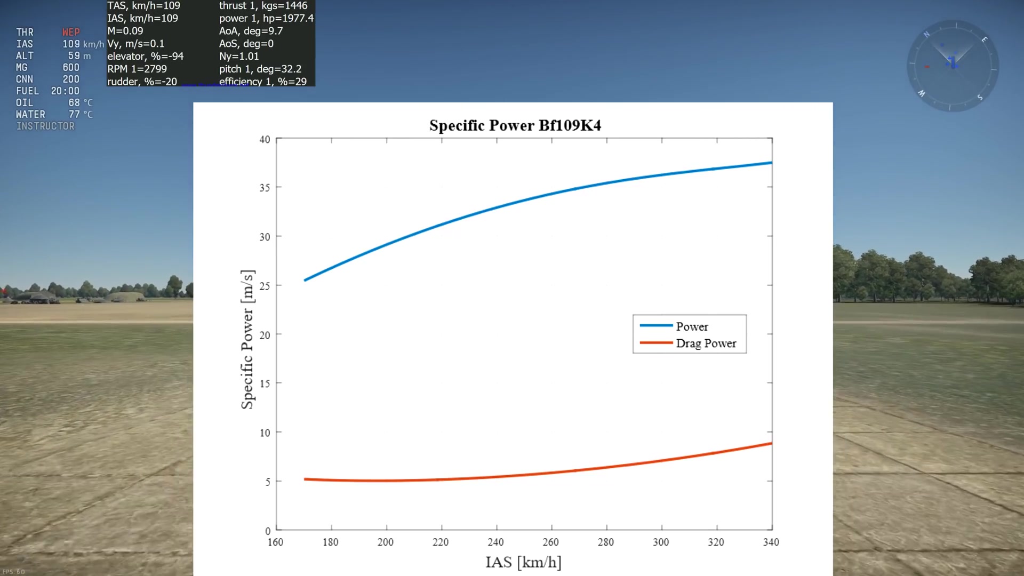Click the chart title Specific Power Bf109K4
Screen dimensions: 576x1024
click(515, 125)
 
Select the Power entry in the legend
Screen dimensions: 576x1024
click(692, 326)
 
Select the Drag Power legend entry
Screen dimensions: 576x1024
click(706, 343)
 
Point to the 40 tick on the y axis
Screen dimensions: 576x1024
click(265, 140)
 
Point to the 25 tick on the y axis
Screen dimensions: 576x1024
click(265, 286)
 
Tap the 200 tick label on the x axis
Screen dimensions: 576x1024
click(386, 542)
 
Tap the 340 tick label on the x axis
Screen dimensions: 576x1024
click(771, 542)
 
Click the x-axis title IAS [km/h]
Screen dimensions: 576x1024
click(523, 562)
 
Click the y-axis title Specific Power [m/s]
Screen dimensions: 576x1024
click(247, 340)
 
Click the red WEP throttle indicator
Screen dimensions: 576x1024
click(71, 33)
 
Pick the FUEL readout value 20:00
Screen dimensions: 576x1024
click(65, 91)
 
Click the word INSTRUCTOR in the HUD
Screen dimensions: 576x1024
click(45, 126)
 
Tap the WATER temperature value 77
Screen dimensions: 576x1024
click(74, 115)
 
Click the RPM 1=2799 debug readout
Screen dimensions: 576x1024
click(137, 69)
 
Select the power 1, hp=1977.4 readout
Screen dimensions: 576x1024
click(266, 18)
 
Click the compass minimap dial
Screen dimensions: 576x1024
click(953, 66)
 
